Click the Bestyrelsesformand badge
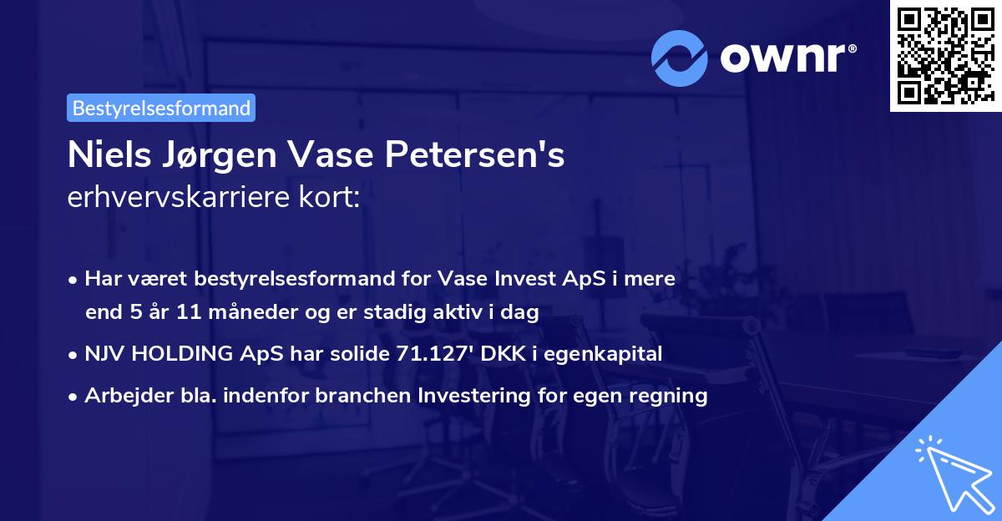coord(160,108)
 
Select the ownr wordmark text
coord(787,58)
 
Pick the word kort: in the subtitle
coord(335,198)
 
